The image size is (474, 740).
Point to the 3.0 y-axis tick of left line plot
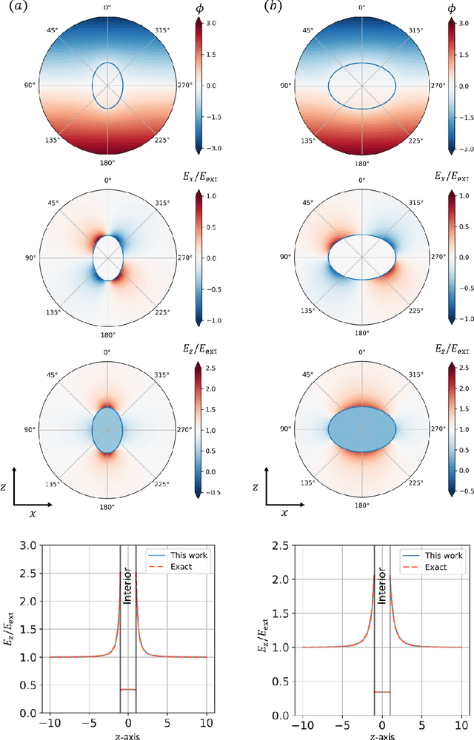point(30,545)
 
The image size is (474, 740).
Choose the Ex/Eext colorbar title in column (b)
point(450,178)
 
